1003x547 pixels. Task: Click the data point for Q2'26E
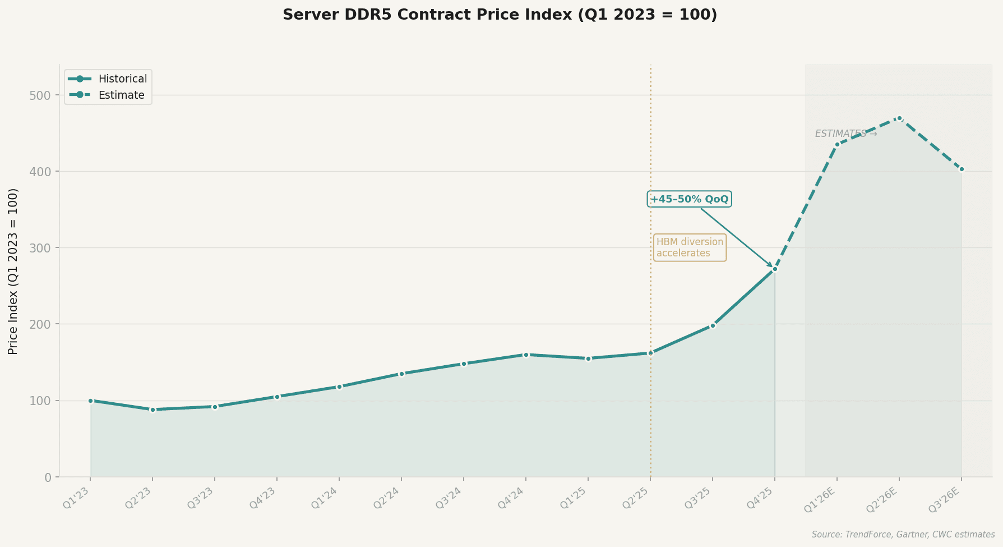899,118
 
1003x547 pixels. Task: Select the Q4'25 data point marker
775,269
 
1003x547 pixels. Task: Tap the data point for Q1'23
90,401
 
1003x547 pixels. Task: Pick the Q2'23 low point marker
152,410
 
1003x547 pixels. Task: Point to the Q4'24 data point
526,355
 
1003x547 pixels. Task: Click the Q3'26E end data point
962,169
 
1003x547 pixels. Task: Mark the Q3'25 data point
713,325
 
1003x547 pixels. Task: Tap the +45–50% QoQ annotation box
689,199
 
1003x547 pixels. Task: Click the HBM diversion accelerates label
690,247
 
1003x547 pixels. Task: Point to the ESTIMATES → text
845,134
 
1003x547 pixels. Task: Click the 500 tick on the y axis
40,95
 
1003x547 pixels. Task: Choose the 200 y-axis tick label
40,324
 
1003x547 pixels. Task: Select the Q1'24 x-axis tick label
327,498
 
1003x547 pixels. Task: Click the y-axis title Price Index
13,271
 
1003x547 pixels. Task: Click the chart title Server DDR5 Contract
500,15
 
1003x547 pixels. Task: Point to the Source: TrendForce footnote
903,535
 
